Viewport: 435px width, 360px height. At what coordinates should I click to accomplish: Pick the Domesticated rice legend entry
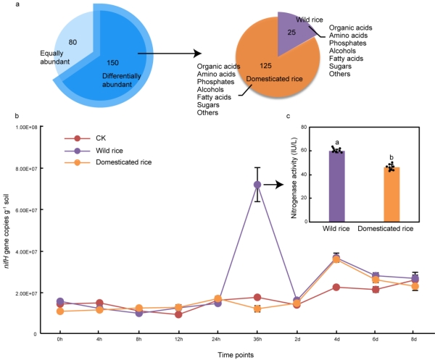(123, 167)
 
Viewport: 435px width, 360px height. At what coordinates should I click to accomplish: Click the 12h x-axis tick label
(178, 338)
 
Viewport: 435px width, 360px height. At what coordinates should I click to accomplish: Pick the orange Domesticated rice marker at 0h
(59, 311)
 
